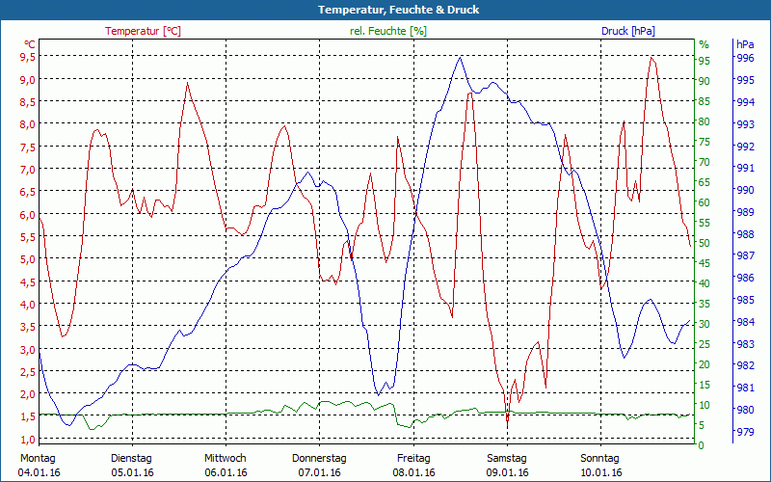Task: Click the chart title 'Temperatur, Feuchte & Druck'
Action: coord(385,10)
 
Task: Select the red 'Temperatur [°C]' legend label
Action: coord(143,31)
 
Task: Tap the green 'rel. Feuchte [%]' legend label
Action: coord(388,31)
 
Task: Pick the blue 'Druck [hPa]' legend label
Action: coord(627,31)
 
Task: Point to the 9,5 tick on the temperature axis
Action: coord(27,55)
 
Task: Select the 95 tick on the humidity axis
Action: coord(704,61)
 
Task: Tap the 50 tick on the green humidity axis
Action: coord(704,243)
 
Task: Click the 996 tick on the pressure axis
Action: coord(744,58)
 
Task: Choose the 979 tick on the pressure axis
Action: coord(744,432)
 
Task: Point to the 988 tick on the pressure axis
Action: coord(744,234)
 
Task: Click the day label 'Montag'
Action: coord(37,458)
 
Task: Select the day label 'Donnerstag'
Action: coord(319,458)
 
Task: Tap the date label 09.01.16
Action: coord(507,472)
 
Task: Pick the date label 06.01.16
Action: coord(225,472)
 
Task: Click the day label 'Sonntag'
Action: coord(600,458)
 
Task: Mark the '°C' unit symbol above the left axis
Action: coord(30,44)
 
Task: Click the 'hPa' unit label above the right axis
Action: coord(745,44)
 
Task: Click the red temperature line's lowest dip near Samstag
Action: coord(507,422)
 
